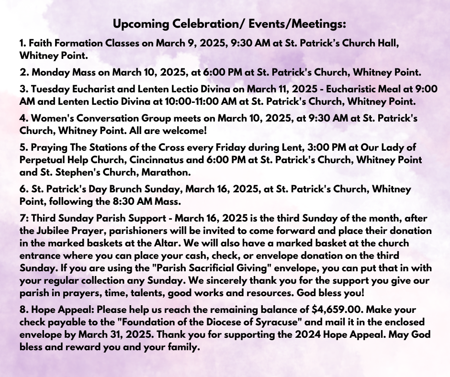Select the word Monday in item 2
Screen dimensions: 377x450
click(49, 73)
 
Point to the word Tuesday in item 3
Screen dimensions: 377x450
click(48, 89)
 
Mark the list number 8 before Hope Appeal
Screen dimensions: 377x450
click(22, 309)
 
